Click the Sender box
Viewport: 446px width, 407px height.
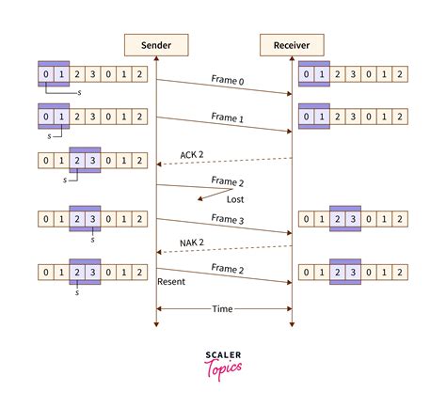click(156, 45)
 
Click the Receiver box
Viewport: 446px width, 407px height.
click(291, 45)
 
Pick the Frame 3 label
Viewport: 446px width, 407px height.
click(228, 218)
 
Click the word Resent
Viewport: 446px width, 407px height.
click(173, 280)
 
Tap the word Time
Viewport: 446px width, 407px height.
click(224, 308)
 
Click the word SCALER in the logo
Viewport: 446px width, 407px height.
click(223, 354)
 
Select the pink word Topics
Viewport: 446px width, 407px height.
click(223, 368)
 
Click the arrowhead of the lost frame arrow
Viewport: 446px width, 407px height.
click(200, 198)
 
